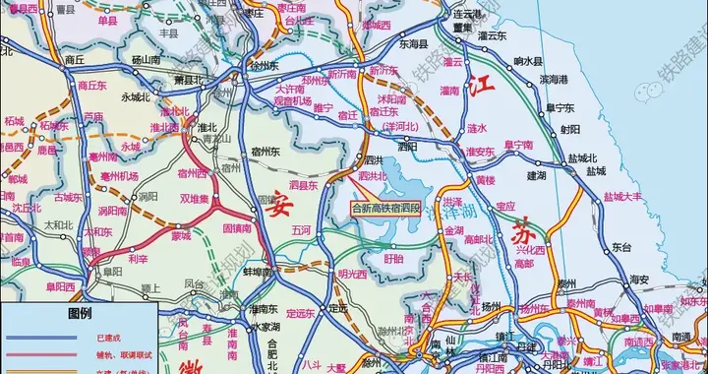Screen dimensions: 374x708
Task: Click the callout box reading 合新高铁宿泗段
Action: (x=386, y=208)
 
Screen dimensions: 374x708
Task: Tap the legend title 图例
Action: (x=79, y=313)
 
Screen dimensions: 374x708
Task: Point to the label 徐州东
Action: (x=264, y=65)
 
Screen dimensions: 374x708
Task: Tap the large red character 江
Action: (x=482, y=85)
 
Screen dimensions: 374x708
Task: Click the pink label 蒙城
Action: (x=181, y=235)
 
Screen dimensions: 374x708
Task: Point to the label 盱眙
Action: (x=392, y=259)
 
